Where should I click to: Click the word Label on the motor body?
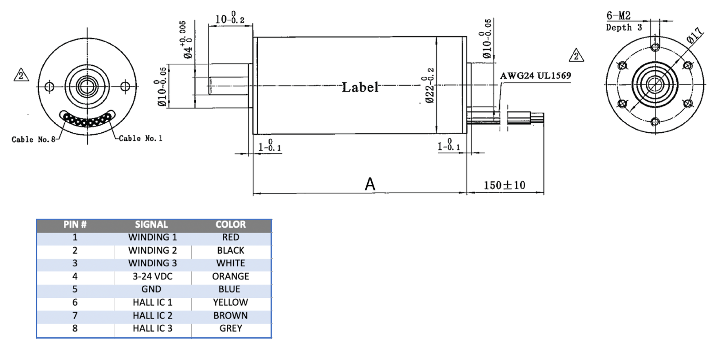[360, 87]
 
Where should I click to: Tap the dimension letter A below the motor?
[370, 184]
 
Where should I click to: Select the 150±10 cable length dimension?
[504, 185]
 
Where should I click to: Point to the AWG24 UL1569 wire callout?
[535, 76]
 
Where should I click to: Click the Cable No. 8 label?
[33, 139]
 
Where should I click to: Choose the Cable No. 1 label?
[140, 139]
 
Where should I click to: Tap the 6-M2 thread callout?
[618, 16]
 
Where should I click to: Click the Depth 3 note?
[624, 27]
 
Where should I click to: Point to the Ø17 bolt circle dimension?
[695, 35]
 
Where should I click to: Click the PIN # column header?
[75, 225]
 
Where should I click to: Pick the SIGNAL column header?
[151, 225]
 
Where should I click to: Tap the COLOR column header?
[230, 225]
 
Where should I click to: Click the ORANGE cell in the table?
[230, 276]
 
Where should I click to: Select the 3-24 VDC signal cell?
[152, 276]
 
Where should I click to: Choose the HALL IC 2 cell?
[152, 315]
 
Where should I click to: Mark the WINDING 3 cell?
[152, 263]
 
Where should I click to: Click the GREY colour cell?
[230, 328]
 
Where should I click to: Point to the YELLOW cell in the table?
[230, 302]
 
